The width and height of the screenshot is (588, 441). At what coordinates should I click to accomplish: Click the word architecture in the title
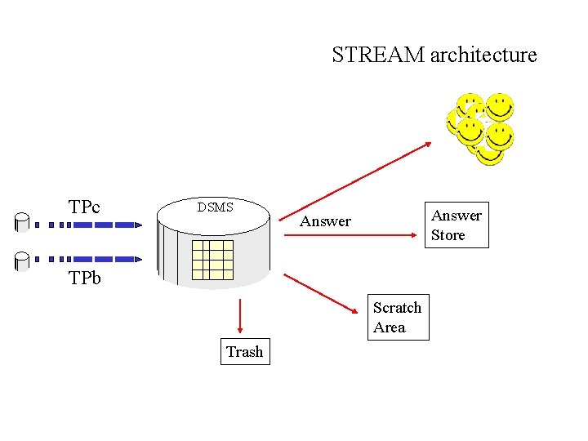coord(483,56)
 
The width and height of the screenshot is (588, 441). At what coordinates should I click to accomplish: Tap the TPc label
coord(84,207)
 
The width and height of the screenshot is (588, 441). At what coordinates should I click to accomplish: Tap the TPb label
coord(84,278)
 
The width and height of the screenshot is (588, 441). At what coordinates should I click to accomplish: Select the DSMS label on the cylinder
coord(215,207)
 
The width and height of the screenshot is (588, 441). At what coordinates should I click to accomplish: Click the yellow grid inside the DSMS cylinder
coord(212,261)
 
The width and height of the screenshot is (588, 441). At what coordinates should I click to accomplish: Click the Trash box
coord(245,352)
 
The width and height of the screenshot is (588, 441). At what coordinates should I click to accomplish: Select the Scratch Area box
coord(397,318)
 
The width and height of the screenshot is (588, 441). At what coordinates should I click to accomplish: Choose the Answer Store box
coord(457,225)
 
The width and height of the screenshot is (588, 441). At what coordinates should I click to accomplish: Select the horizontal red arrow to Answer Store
coord(351,236)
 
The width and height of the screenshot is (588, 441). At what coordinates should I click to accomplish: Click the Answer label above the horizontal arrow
coord(325,221)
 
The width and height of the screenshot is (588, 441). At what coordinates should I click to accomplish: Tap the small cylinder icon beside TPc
coord(22,221)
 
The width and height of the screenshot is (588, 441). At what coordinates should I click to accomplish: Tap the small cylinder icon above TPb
coord(22,261)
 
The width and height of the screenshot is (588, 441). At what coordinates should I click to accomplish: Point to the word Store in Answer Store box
coord(448,235)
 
